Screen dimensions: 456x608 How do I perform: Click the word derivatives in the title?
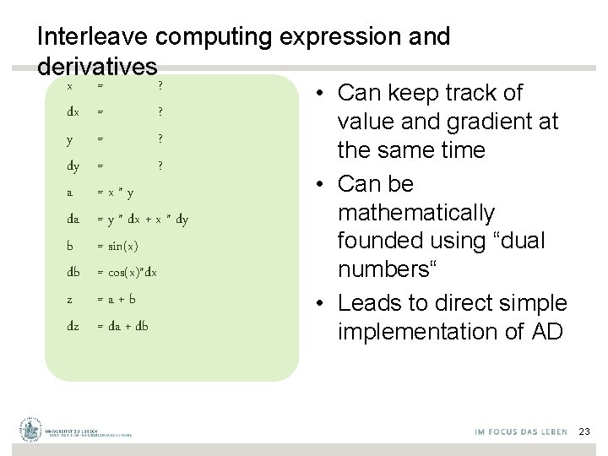(97, 66)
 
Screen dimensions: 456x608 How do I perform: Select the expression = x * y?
(115, 193)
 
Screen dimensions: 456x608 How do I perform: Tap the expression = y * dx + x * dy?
(142, 220)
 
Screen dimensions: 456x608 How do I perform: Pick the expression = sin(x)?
(117, 246)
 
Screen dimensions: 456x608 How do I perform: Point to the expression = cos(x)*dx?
(127, 272)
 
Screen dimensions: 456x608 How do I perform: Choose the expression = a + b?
(117, 299)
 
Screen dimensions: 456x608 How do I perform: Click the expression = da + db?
(122, 325)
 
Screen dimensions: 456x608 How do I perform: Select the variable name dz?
(73, 325)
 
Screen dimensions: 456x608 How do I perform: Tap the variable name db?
(73, 272)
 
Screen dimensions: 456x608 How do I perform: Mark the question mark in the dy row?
(160, 166)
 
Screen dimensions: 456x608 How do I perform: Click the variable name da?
(73, 220)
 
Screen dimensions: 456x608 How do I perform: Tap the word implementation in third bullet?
(420, 332)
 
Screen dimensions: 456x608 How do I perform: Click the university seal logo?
(31, 431)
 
